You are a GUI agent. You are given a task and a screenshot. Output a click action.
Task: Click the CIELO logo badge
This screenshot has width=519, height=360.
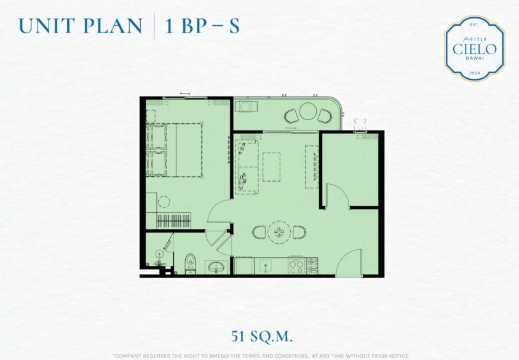(474, 49)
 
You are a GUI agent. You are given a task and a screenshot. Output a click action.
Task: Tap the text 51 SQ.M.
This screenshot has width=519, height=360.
(262, 337)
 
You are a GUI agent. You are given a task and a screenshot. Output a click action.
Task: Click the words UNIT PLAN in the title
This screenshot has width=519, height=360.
(81, 26)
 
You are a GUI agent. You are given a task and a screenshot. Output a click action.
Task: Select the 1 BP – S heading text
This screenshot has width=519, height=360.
(202, 26)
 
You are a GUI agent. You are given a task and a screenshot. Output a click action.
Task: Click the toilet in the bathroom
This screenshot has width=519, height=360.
(190, 263)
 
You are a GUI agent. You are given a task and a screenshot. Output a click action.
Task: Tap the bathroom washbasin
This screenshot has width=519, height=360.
(216, 266)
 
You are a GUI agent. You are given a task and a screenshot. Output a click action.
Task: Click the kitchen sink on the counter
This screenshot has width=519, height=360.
(266, 265)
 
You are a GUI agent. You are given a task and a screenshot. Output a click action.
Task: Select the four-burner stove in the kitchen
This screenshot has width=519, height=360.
(296, 265)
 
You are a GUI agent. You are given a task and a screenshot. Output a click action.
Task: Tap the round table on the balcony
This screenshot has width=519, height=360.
(309, 111)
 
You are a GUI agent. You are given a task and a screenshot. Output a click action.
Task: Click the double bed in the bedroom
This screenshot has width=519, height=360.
(174, 150)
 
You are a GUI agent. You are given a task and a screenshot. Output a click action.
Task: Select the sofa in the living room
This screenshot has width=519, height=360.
(247, 167)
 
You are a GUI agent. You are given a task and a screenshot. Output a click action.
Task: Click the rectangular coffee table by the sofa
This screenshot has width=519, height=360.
(271, 167)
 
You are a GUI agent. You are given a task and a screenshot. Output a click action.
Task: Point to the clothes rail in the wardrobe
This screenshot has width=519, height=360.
(173, 220)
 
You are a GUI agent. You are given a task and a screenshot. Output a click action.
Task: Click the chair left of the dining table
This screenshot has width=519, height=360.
(258, 232)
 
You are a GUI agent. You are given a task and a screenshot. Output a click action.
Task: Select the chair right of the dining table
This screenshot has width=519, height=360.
(299, 232)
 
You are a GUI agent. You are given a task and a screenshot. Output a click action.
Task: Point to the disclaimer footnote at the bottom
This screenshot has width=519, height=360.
(261, 356)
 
